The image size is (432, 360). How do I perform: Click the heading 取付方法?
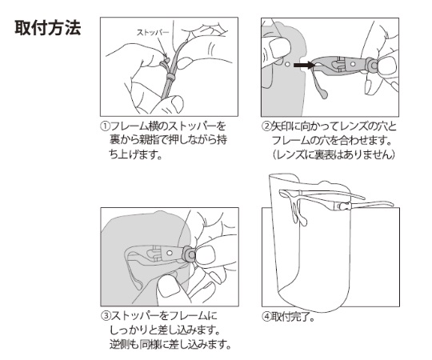[x=48, y=28]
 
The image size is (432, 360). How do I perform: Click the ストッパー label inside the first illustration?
[x=153, y=33]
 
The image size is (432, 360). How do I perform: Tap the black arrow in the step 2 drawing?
[x=304, y=66]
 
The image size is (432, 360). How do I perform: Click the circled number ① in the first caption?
[x=105, y=126]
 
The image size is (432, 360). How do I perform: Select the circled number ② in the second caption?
[x=266, y=126]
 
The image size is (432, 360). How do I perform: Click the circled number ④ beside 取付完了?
[x=266, y=317]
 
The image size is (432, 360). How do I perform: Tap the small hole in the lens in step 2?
[x=288, y=64]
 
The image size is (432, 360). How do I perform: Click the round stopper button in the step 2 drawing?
[x=374, y=66]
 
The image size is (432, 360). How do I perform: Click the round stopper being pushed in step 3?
[x=190, y=256]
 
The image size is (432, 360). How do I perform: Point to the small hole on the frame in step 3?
[x=170, y=253]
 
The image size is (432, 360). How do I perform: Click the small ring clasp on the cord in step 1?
[x=170, y=77]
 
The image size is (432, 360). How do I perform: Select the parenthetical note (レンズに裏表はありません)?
[x=334, y=154]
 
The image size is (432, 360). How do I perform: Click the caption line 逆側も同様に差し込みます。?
[x=170, y=344]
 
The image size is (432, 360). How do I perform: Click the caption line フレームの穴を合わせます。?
[x=332, y=141]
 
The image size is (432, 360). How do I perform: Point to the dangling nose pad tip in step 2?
[x=323, y=94]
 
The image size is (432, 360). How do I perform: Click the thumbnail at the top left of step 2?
[x=278, y=46]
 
